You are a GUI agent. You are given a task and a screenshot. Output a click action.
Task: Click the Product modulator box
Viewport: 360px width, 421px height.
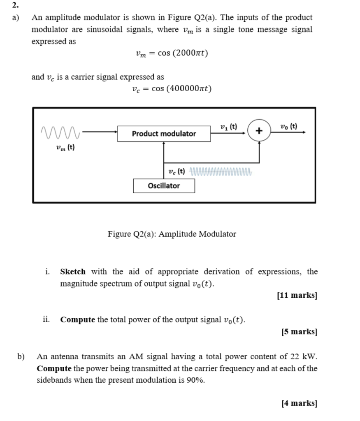[164, 134]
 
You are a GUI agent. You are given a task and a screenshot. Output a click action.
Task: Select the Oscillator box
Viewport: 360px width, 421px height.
[164, 186]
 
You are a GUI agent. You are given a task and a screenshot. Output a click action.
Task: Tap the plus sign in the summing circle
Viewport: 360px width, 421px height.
[259, 131]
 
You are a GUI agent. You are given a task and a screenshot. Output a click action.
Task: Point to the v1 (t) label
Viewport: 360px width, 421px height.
[229, 127]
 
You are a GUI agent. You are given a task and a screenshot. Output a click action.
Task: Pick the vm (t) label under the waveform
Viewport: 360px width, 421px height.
[65, 148]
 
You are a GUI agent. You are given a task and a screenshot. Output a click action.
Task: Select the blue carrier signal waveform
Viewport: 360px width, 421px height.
[221, 171]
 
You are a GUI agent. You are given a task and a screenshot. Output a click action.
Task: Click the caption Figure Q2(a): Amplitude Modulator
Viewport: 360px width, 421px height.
[172, 234]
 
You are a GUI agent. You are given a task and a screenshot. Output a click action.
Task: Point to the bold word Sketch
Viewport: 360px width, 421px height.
[73, 272]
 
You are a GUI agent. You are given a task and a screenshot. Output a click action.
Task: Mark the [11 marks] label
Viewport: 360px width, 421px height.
[297, 295]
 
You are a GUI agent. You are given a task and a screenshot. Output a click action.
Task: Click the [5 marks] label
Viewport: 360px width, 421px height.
[299, 331]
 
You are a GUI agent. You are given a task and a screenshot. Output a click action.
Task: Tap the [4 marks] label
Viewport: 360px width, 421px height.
[299, 403]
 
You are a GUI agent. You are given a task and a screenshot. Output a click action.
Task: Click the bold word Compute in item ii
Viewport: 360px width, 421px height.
[78, 319]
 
